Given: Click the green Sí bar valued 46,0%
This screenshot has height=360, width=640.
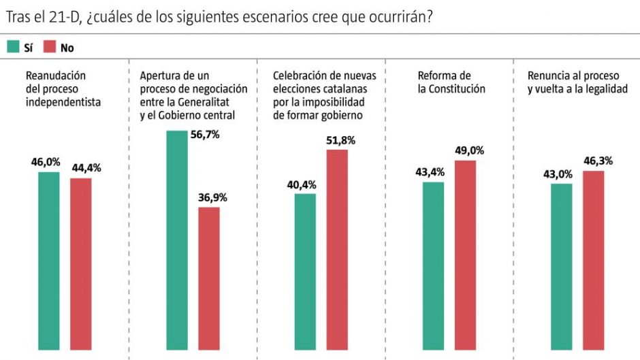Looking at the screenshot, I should (48, 263).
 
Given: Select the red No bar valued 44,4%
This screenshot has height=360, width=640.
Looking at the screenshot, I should (81, 266).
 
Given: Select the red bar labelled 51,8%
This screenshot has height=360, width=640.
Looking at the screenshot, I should (337, 252).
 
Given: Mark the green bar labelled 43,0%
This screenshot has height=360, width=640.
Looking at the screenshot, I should (561, 269).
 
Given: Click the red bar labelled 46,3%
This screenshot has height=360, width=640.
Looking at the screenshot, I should (593, 263).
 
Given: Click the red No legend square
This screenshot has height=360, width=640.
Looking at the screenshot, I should (49, 47).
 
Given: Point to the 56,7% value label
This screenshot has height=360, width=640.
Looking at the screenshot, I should (205, 135).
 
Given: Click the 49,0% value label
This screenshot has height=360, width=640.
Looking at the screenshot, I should (469, 151).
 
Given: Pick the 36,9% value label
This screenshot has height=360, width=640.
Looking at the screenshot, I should (213, 197).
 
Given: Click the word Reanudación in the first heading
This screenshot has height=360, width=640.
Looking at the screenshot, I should (56, 76).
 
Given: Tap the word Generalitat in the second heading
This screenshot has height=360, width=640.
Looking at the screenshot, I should (206, 102).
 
